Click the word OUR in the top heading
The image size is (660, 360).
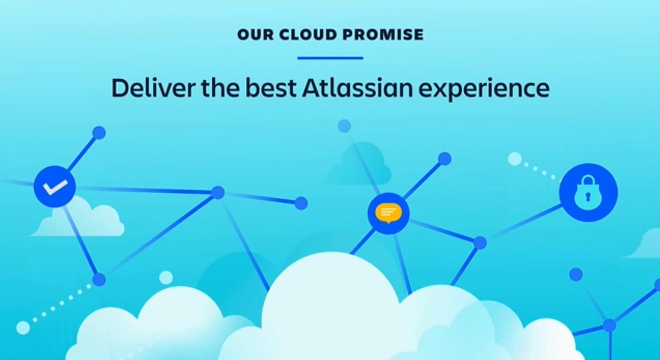[251, 35]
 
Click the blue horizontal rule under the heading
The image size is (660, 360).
[330, 58]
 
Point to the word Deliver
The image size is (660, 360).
[145, 88]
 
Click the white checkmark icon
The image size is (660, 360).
[55, 187]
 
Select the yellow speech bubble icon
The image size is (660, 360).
[388, 213]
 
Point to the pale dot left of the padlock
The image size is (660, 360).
[515, 159]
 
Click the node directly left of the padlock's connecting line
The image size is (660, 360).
[480, 242]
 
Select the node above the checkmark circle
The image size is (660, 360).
[99, 132]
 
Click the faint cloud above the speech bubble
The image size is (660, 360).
[365, 164]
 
